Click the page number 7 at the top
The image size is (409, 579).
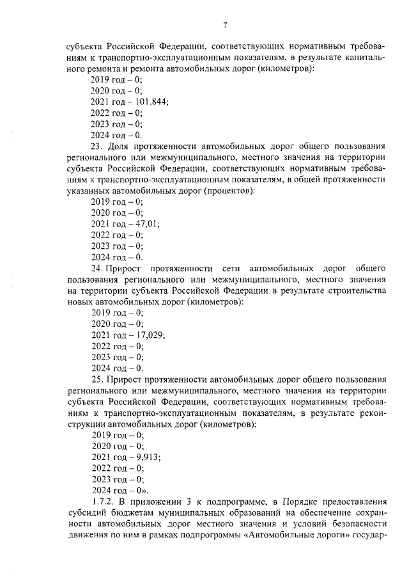225,26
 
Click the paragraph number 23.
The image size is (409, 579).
98,146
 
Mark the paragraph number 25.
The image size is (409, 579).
98,379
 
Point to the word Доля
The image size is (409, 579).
121,146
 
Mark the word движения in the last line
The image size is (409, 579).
87,534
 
